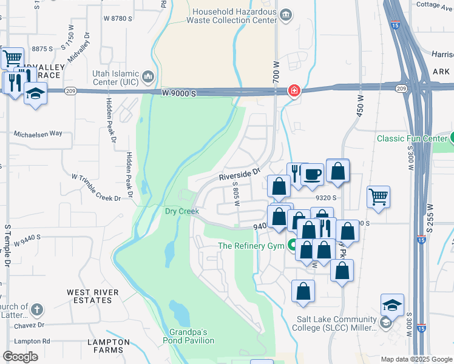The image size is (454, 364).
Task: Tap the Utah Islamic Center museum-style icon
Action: click(x=148, y=77)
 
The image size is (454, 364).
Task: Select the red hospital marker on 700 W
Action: click(x=294, y=91)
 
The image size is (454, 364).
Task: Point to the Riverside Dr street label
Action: click(x=239, y=175)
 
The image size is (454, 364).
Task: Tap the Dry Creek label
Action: click(x=182, y=211)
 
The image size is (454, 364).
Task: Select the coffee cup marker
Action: click(x=313, y=175)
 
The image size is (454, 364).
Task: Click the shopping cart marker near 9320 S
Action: click(x=378, y=197)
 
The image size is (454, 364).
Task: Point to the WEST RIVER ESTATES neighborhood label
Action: click(x=93, y=297)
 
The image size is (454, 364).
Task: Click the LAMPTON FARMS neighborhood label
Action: click(x=109, y=346)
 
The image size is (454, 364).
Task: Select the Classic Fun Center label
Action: click(x=411, y=138)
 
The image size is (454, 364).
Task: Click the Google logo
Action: click(x=20, y=356)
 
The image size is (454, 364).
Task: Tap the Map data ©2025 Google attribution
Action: click(x=416, y=359)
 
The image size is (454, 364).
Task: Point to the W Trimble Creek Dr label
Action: click(x=97, y=187)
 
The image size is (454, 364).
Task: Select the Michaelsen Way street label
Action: click(x=38, y=133)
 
